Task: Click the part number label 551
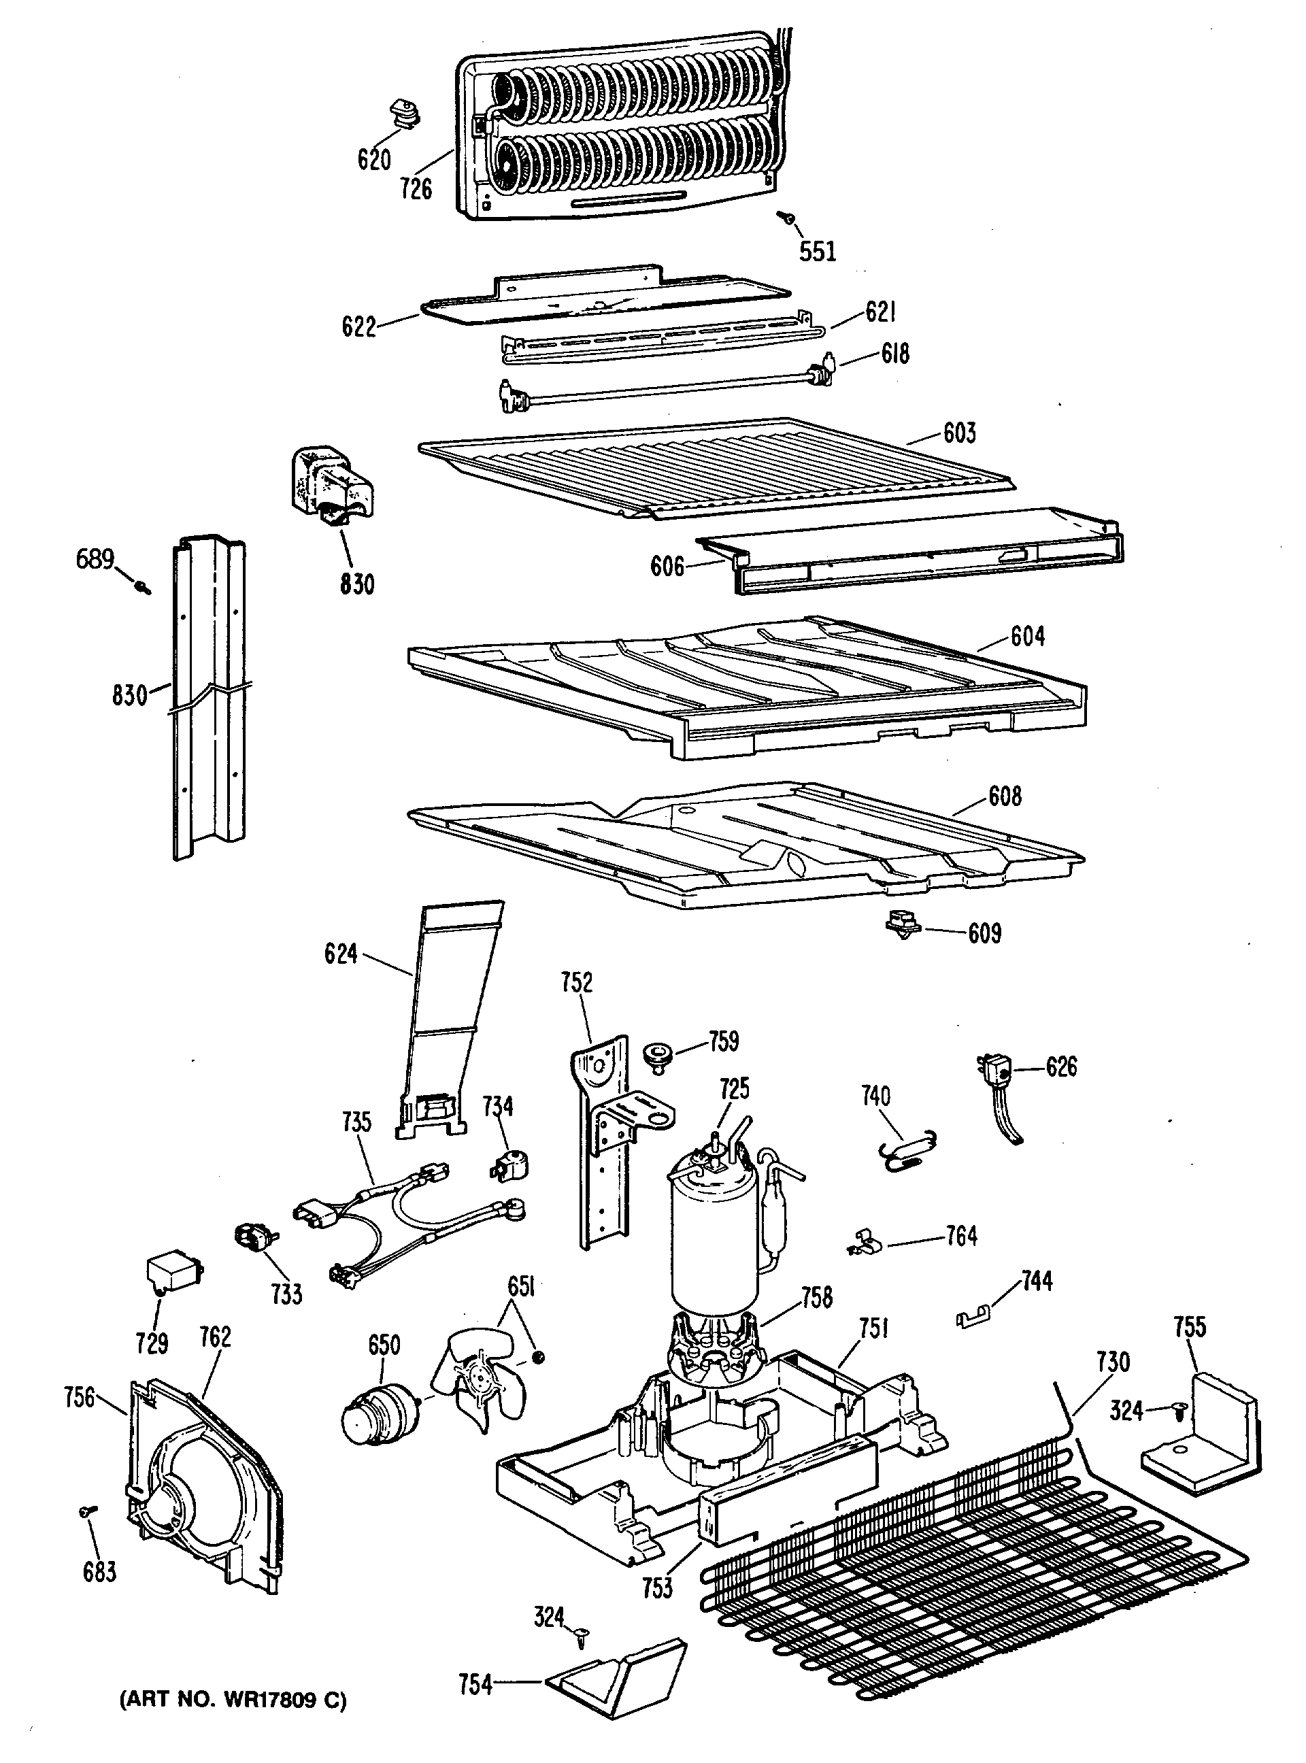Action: [x=817, y=252]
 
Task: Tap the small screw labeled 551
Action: [x=788, y=216]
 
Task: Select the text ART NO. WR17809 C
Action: [x=233, y=1700]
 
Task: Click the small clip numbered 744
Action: [x=975, y=1317]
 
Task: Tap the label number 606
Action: [x=667, y=566]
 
